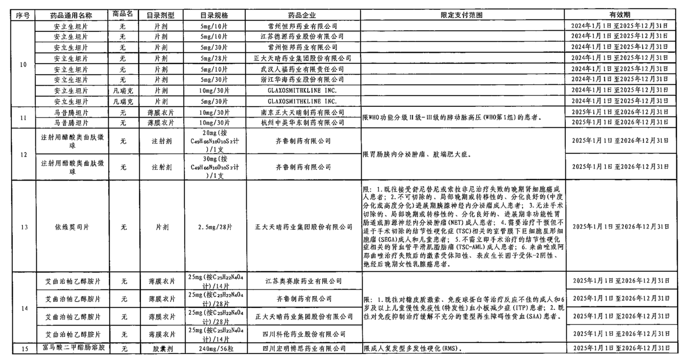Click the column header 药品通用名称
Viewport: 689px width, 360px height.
click(71, 15)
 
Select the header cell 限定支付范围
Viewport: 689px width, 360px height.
click(462, 15)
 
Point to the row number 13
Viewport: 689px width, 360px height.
click(24, 227)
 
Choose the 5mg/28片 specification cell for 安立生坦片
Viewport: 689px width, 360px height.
click(214, 58)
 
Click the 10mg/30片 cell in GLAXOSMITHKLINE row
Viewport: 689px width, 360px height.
click(214, 90)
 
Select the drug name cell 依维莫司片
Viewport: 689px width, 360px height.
click(71, 227)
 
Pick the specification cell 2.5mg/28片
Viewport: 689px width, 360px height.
click(214, 227)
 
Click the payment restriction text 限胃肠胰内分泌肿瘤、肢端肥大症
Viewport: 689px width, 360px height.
click(417, 154)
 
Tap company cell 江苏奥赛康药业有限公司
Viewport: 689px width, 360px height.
click(303, 281)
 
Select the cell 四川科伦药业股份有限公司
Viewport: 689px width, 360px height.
click(303, 334)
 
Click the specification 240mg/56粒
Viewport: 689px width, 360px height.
click(214, 348)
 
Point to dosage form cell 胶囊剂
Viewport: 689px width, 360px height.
click(161, 348)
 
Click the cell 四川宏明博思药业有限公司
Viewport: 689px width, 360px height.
click(303, 348)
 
